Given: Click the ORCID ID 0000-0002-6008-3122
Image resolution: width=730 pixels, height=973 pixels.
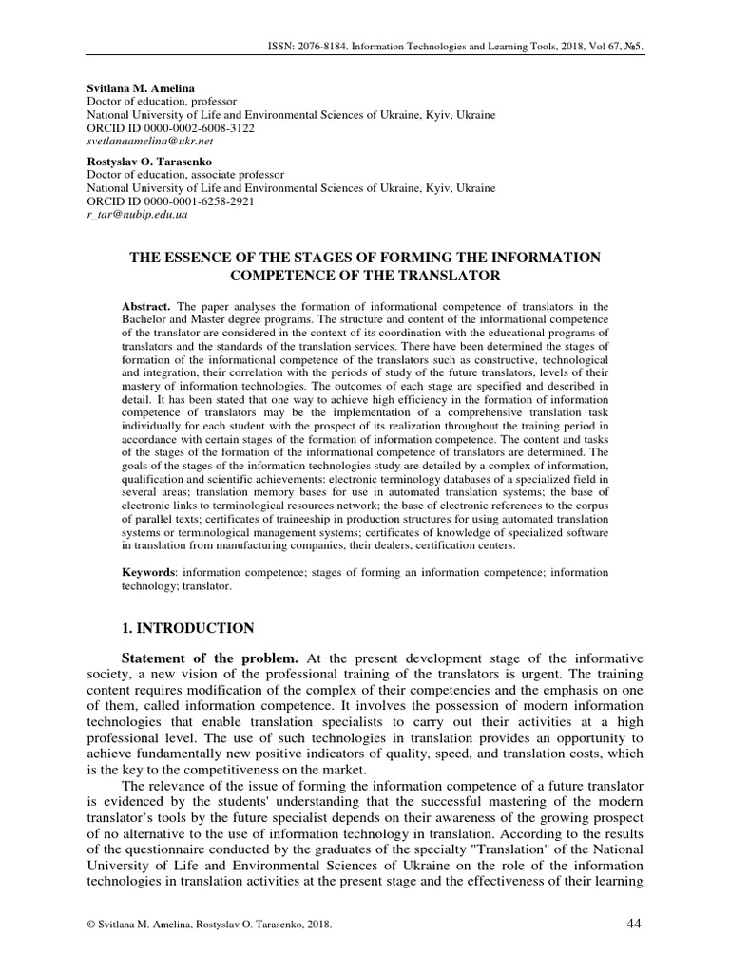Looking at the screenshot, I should pyautogui.click(x=200, y=126).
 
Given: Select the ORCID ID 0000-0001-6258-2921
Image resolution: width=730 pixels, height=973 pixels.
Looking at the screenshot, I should pyautogui.click(x=200, y=201).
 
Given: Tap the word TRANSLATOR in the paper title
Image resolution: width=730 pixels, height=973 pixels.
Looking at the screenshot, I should pyautogui.click(x=443, y=276).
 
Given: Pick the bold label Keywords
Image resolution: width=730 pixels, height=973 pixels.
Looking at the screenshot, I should pyautogui.click(x=149, y=573).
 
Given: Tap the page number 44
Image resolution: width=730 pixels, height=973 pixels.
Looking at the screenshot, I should pyautogui.click(x=636, y=925).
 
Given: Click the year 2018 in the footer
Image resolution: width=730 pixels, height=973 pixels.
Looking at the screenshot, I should pyautogui.click(x=317, y=925).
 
